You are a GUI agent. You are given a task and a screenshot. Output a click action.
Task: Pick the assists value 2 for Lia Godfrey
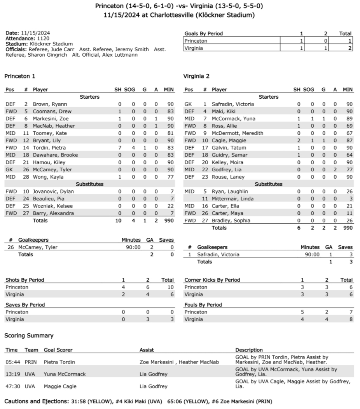point(335,170)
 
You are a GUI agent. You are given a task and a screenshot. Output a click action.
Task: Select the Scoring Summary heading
point(29,336)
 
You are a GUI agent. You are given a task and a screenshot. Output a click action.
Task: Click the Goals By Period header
point(204,34)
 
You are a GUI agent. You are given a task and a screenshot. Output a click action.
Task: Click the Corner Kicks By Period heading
point(212,280)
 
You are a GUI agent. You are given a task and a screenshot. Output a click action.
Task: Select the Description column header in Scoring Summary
point(249,350)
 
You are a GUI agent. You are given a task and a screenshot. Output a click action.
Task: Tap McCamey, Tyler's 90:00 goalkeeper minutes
point(133,247)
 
